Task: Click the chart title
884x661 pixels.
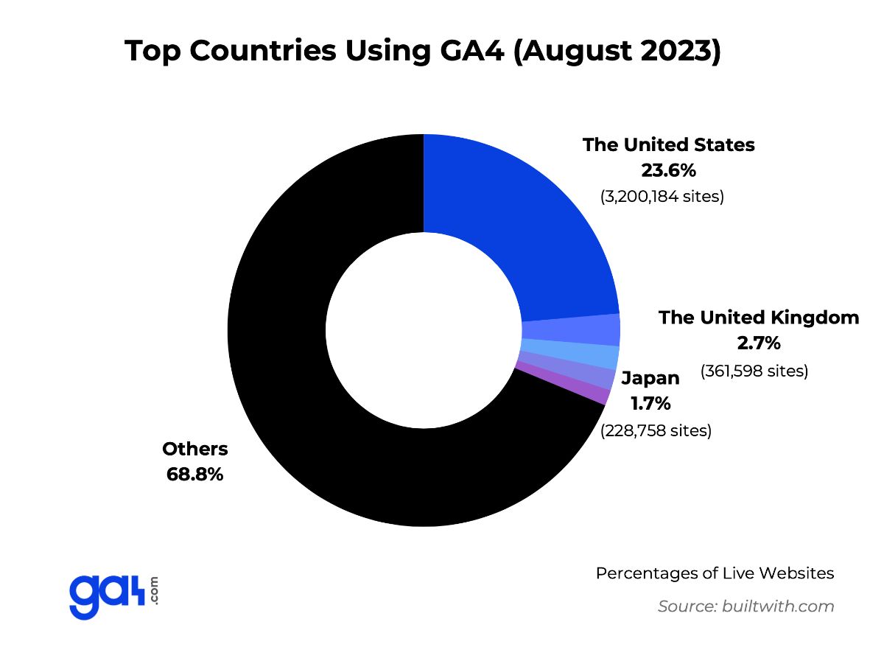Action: pyautogui.click(x=422, y=51)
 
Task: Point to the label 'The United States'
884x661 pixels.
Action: pyautogui.click(x=668, y=144)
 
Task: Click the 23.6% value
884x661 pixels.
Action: pyautogui.click(x=668, y=171)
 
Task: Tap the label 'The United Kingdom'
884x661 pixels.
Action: pyautogui.click(x=759, y=318)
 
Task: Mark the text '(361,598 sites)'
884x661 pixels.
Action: pyautogui.click(x=754, y=370)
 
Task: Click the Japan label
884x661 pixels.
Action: pyautogui.click(x=650, y=378)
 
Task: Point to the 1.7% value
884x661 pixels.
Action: pyautogui.click(x=650, y=404)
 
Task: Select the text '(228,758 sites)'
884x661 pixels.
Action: pyautogui.click(x=656, y=430)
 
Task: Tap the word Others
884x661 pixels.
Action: pyautogui.click(x=195, y=449)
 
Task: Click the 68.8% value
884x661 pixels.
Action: pyautogui.click(x=195, y=474)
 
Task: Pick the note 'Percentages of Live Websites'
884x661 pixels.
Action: pyautogui.click(x=715, y=573)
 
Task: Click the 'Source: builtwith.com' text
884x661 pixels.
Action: pyautogui.click(x=746, y=606)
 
